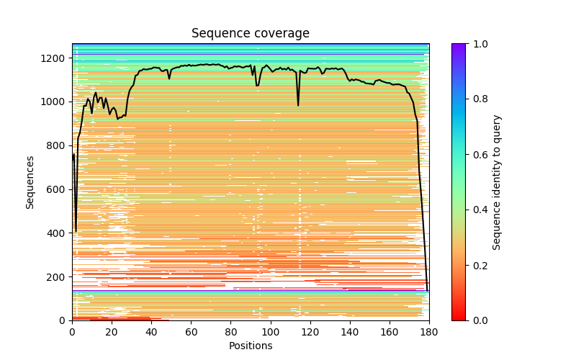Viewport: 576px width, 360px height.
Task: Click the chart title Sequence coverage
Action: tap(250, 33)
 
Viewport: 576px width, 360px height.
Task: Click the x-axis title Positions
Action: tap(250, 346)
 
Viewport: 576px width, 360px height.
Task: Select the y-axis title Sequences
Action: tap(30, 181)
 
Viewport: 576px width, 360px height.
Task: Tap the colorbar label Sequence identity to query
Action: tap(497, 181)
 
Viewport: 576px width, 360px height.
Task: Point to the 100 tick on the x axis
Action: tap(271, 320)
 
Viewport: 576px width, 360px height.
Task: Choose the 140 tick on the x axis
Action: tap(350, 320)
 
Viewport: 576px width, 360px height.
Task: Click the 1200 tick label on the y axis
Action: tap(55, 58)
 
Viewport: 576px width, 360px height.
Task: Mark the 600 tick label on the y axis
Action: tap(58, 189)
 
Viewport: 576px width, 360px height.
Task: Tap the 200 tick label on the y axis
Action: tap(58, 276)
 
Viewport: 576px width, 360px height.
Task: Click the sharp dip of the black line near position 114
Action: tap(298, 105)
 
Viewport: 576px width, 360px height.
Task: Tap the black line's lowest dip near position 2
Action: tap(76, 231)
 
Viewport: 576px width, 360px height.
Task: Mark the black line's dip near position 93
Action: tap(257, 86)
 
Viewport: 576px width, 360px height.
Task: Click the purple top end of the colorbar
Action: tap(459, 46)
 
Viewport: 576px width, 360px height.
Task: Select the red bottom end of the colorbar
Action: tap(459, 318)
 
